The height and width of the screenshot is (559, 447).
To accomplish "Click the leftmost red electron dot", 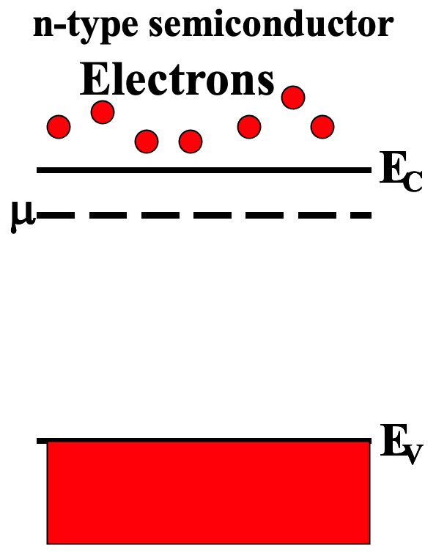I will click(x=59, y=127).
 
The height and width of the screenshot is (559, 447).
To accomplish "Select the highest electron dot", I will click(x=293, y=97).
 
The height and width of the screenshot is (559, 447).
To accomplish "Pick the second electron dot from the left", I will click(x=103, y=112).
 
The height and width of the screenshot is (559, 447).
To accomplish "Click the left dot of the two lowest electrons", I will click(x=147, y=141).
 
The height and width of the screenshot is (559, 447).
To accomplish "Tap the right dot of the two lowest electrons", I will click(x=191, y=141).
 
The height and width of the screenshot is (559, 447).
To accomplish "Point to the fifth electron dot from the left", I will click(x=249, y=127).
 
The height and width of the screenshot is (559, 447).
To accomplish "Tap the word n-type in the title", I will click(x=81, y=27).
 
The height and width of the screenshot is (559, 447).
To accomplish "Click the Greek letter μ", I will click(x=21, y=218).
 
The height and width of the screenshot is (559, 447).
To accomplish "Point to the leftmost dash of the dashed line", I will click(x=59, y=216).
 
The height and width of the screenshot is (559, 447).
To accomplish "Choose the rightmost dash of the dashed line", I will click(x=359, y=216).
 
